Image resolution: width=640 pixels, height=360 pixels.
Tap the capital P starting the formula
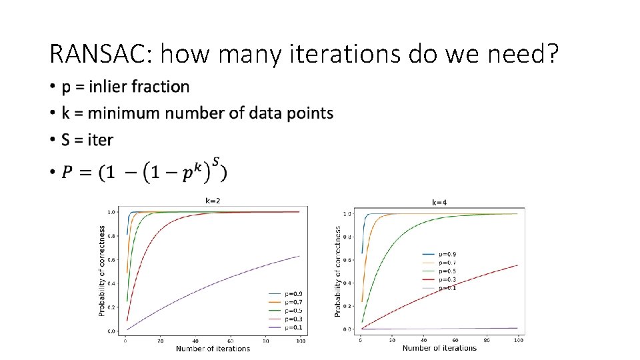(x=68, y=173)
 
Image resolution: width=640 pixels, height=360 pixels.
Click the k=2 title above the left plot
(x=213, y=199)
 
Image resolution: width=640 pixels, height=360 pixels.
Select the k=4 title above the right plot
(x=440, y=202)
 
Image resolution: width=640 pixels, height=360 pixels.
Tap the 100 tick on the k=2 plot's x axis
(x=301, y=341)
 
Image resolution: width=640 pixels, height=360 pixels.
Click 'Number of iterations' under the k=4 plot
(x=439, y=348)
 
